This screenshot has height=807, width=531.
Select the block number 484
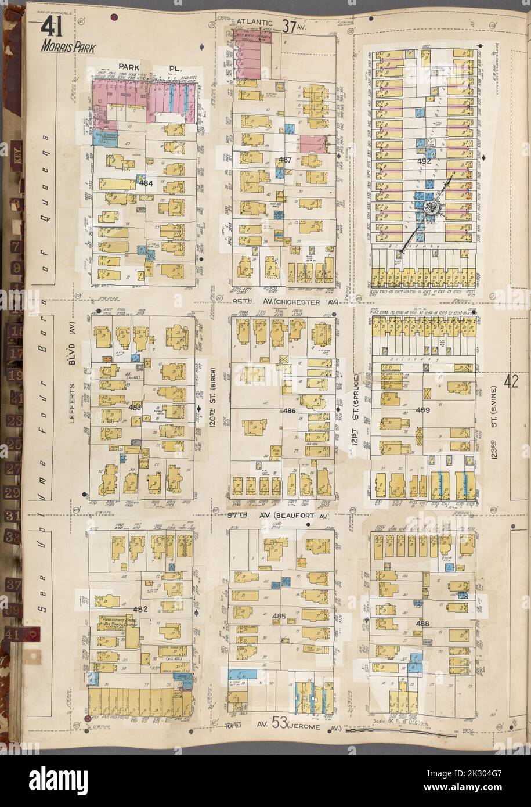(145, 183)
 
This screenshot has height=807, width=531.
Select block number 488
(422, 623)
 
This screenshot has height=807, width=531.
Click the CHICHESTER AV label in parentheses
(295, 302)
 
